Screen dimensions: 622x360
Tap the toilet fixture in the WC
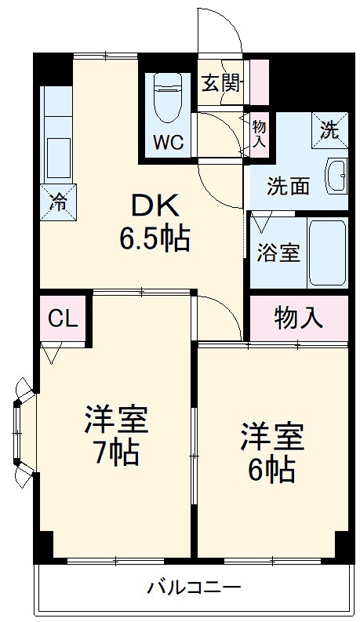click(167, 97)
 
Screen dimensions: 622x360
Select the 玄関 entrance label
click(220, 82)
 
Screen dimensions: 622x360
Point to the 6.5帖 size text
click(155, 238)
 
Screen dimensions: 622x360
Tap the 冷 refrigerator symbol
click(58, 198)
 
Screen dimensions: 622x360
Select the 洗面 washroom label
click(288, 186)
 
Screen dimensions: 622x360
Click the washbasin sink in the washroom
click(336, 173)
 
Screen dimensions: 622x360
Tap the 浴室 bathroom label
click(278, 253)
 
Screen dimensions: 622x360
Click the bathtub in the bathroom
click(327, 253)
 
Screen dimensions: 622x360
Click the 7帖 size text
click(115, 453)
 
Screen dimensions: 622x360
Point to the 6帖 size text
click(271, 469)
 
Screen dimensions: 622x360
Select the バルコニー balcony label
click(194, 587)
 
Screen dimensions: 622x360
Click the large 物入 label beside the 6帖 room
click(298, 318)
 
